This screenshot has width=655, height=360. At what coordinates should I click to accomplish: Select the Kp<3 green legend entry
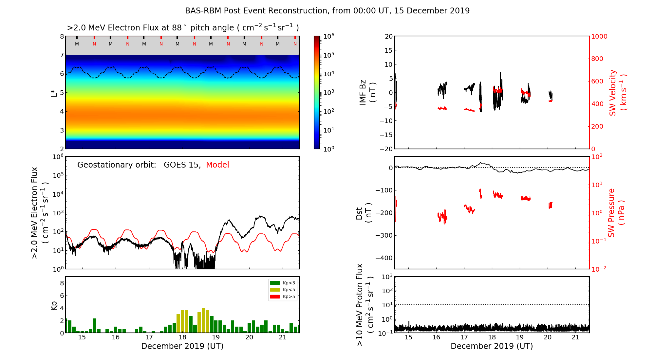point(283,283)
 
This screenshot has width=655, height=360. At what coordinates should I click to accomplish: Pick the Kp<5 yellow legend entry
point(283,290)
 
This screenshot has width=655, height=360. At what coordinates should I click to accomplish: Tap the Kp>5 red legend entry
point(283,297)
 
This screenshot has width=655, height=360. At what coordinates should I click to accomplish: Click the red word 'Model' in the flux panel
point(217,165)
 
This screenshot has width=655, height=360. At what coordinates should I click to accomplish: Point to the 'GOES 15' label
point(182,165)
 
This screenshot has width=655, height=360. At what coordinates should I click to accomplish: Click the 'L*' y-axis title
point(54,93)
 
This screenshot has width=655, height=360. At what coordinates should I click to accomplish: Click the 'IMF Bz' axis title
point(367,93)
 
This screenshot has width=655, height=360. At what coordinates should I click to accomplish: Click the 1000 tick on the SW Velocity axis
point(599,37)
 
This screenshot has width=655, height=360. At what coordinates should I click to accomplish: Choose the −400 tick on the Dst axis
point(384,258)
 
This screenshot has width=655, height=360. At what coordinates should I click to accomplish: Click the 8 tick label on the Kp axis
point(62,283)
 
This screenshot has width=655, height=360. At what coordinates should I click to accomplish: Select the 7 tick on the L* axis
point(62,55)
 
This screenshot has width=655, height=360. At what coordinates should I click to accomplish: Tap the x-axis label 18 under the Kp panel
point(182,337)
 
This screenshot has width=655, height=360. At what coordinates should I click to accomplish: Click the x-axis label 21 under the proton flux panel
point(575,337)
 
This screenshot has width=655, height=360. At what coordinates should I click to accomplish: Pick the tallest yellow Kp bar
point(203,320)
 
